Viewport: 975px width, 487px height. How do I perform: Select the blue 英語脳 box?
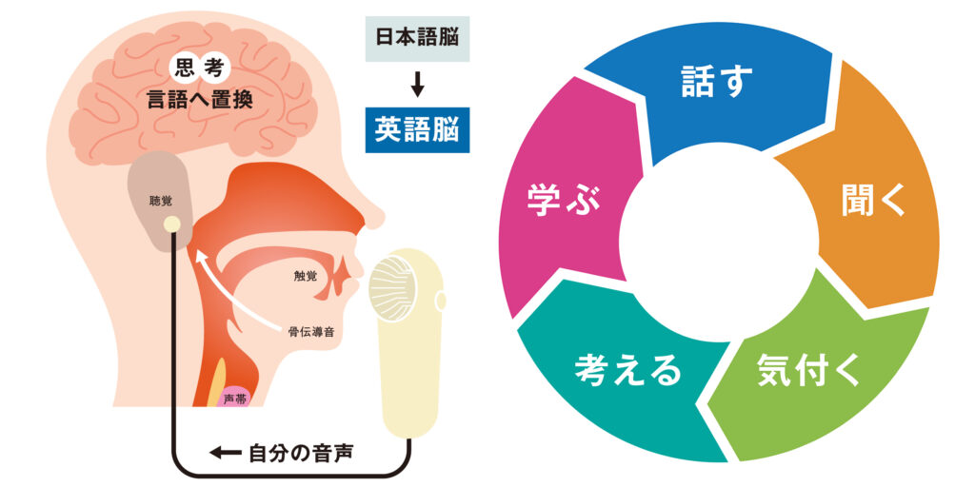pyautogui.click(x=417, y=130)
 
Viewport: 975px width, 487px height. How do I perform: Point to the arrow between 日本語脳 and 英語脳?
pyautogui.click(x=417, y=86)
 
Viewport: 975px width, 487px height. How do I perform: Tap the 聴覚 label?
pyautogui.click(x=160, y=201)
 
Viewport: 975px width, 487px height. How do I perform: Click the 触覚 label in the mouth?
pyautogui.click(x=306, y=276)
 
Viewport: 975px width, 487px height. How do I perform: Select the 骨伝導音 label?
pyautogui.click(x=312, y=331)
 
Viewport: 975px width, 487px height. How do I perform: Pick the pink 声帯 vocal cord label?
pyautogui.click(x=235, y=399)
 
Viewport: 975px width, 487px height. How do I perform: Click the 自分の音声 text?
pyautogui.click(x=302, y=453)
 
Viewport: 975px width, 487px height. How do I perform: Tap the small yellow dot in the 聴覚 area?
pyautogui.click(x=172, y=224)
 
